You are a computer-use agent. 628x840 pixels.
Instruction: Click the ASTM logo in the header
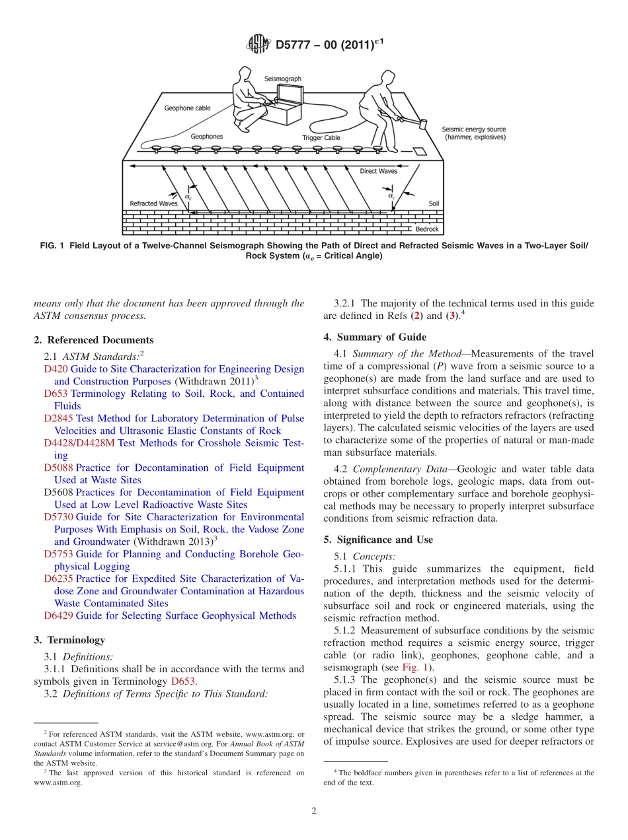pos(258,45)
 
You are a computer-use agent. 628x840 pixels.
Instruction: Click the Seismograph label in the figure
pos(283,79)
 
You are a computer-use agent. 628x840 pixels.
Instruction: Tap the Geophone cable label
pos(188,108)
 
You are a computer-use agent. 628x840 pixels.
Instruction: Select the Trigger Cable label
pos(321,138)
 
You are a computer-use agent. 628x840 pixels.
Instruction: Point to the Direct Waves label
pos(378,171)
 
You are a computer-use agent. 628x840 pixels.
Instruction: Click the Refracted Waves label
pos(153,203)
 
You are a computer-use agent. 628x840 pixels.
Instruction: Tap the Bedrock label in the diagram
pos(426,229)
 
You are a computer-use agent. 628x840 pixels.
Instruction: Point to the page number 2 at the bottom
pos(314,811)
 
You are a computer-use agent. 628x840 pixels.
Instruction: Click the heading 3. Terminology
pos(69,640)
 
